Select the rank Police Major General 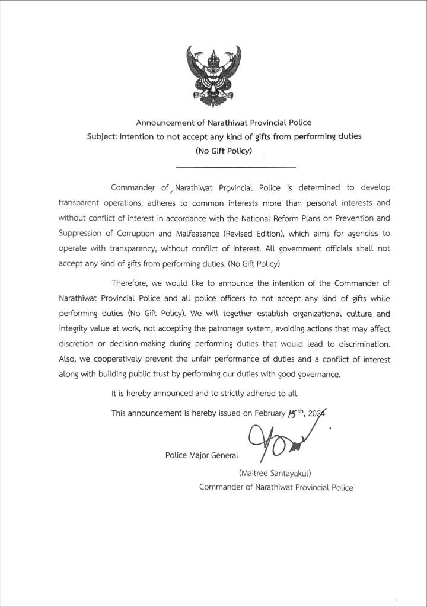pos(202,455)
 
